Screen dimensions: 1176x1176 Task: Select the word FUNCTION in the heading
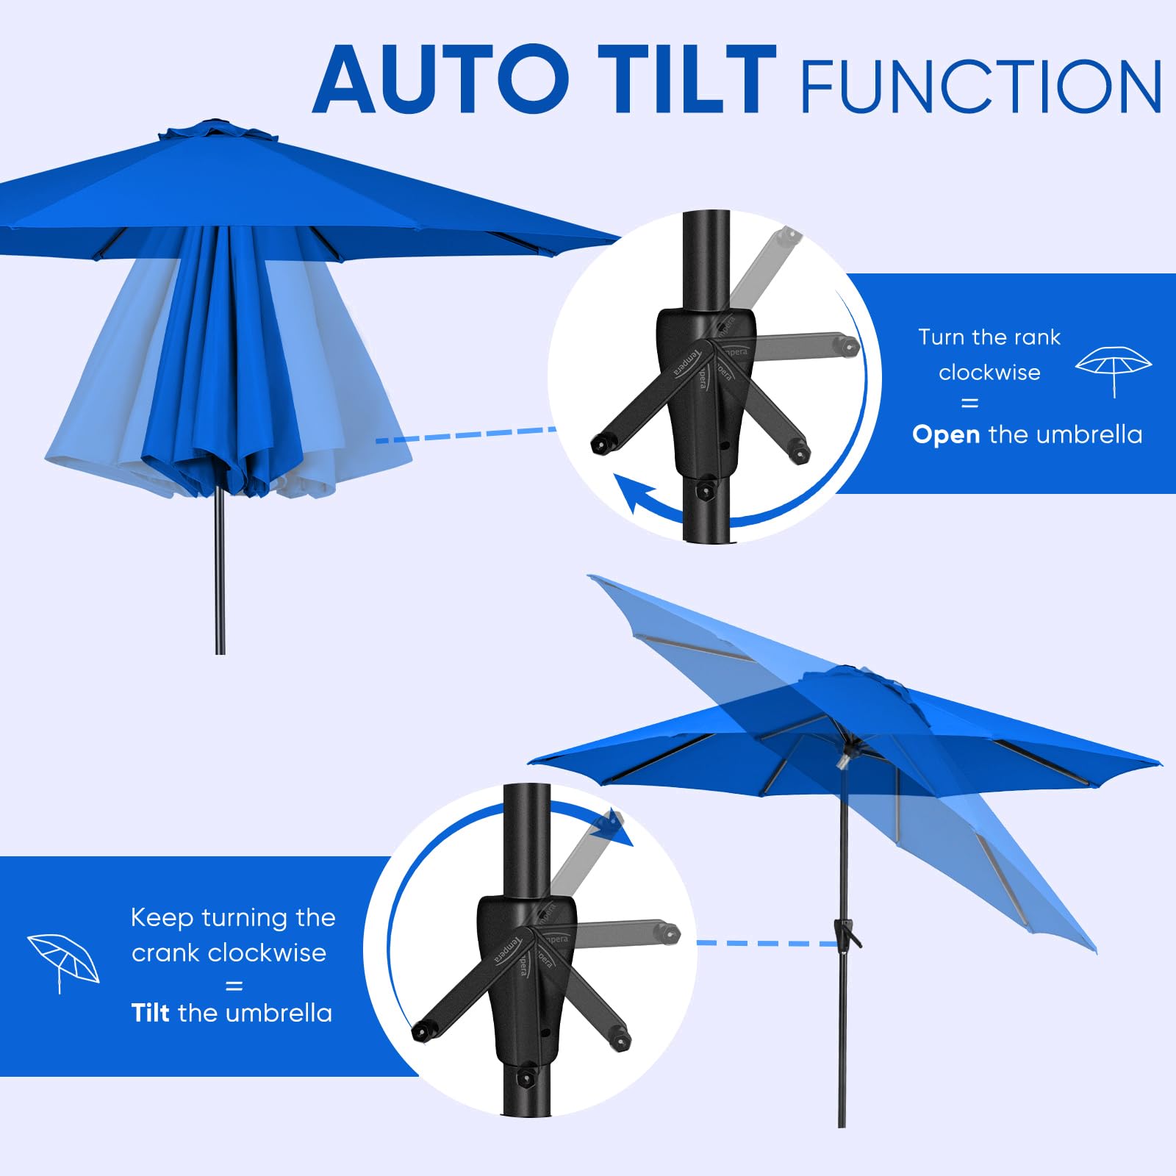(x=981, y=87)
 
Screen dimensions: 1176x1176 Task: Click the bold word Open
(x=946, y=435)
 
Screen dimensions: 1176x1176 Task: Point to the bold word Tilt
(x=150, y=1013)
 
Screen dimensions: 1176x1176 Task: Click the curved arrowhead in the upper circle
(x=632, y=494)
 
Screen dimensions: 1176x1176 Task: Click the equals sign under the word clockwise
(x=969, y=404)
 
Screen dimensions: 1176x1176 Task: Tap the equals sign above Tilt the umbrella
(x=234, y=986)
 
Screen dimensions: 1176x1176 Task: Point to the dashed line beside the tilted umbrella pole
(x=764, y=943)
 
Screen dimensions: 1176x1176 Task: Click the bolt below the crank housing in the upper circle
(x=704, y=490)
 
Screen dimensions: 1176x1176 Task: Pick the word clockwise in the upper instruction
(x=989, y=373)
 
